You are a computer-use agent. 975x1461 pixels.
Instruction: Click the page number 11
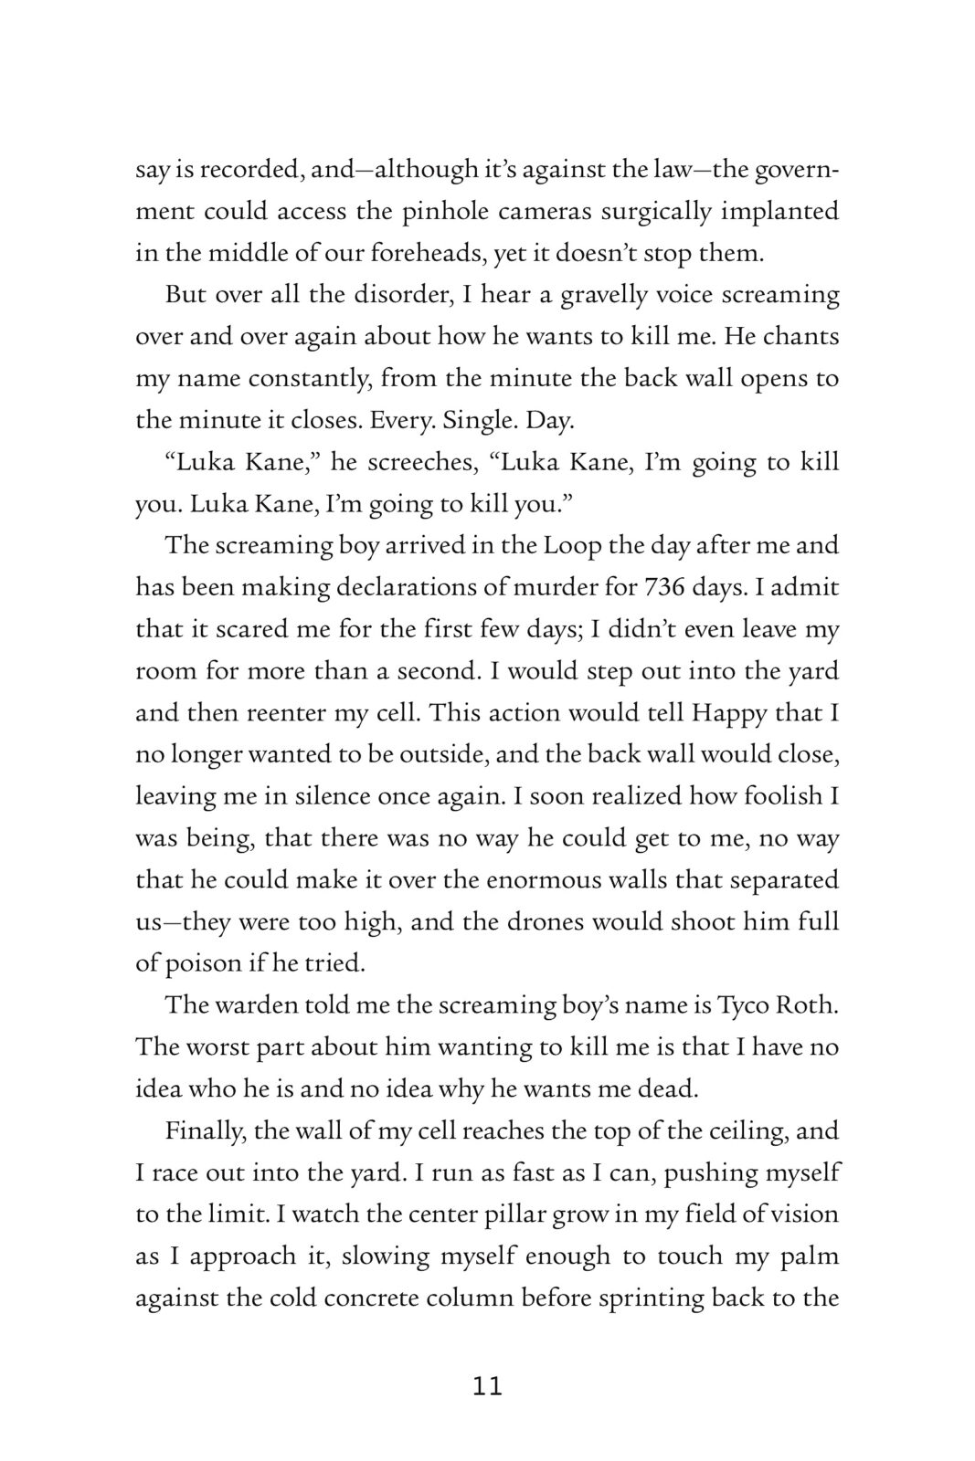coord(488,1386)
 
